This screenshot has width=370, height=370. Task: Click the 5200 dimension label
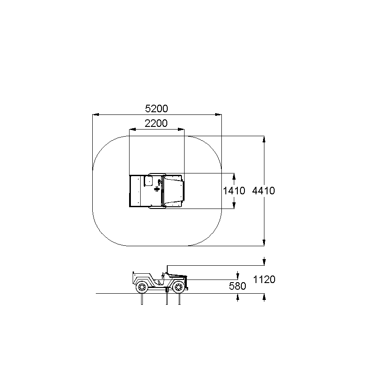(x=157, y=109)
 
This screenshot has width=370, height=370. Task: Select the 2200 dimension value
(x=156, y=123)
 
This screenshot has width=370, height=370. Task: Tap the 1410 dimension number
(x=234, y=191)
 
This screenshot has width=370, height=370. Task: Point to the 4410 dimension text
(x=264, y=191)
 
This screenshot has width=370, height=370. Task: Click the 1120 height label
(x=264, y=279)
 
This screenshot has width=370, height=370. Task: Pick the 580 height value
(x=237, y=286)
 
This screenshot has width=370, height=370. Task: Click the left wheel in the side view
(x=142, y=287)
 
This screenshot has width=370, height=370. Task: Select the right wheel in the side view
(x=179, y=287)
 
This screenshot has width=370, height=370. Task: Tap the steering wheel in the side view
(x=162, y=275)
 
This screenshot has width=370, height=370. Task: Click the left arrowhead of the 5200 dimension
(x=95, y=114)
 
